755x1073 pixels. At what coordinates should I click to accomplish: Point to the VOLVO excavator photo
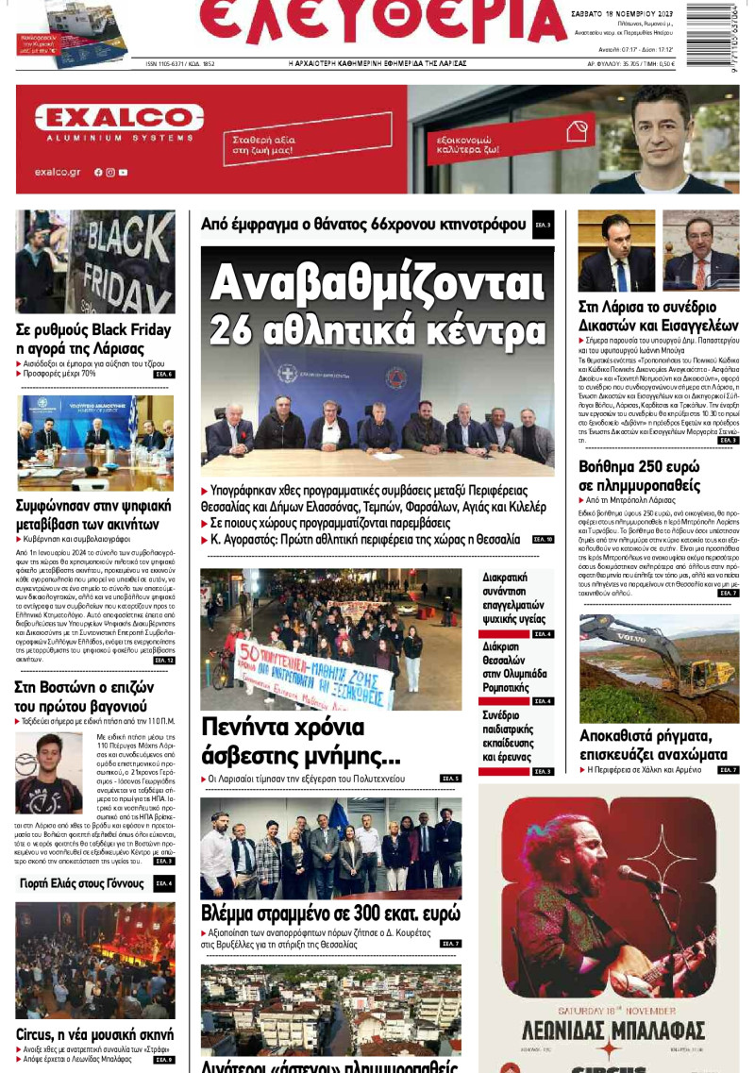659,656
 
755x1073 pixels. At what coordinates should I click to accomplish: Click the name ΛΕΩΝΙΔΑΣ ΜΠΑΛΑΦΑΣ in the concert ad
613,1028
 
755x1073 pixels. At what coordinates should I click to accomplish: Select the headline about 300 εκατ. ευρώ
330,914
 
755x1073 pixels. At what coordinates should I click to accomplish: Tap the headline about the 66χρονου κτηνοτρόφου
363,225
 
